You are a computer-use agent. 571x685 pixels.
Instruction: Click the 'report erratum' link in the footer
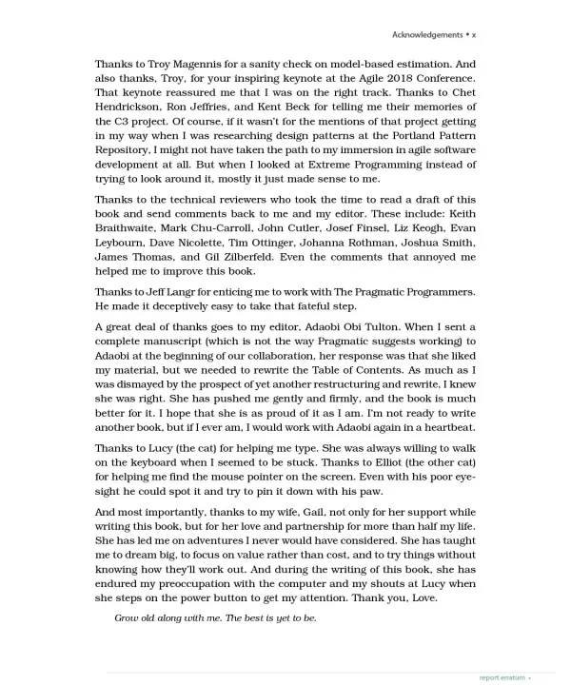click(502, 677)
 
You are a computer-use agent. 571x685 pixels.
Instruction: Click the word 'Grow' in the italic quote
click(128, 618)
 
